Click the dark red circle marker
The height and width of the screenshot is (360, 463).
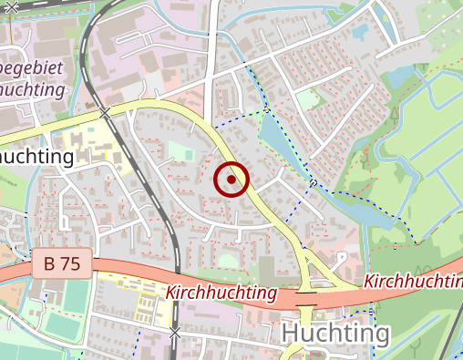pos(231,180)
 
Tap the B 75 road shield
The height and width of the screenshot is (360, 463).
pos(61,264)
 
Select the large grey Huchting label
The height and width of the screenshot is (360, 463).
pos(334,334)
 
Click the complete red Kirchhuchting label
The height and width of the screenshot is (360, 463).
pos(221,293)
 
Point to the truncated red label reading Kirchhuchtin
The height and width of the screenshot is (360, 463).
pos(412,282)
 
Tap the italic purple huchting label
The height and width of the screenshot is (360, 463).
pos(33,89)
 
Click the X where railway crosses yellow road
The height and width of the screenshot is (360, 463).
pos(106,113)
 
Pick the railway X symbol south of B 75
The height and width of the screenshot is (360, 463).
pos(175,333)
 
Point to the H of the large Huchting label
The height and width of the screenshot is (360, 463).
pos(290,334)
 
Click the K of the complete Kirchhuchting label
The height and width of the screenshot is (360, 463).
pos(170,293)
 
